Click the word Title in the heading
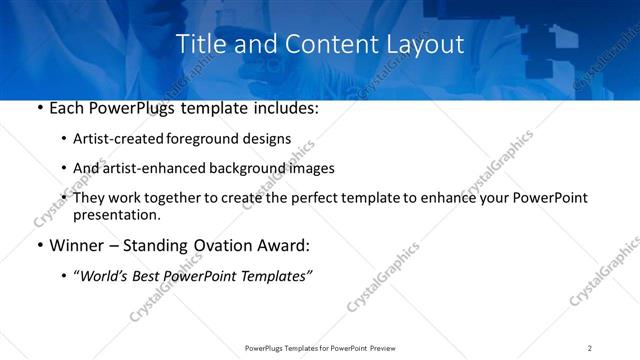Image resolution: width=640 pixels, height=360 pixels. pos(198,44)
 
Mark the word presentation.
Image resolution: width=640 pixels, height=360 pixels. pos(117,214)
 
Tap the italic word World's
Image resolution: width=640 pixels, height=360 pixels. pos(104,275)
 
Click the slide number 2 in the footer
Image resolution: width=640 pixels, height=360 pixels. pos(590,348)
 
